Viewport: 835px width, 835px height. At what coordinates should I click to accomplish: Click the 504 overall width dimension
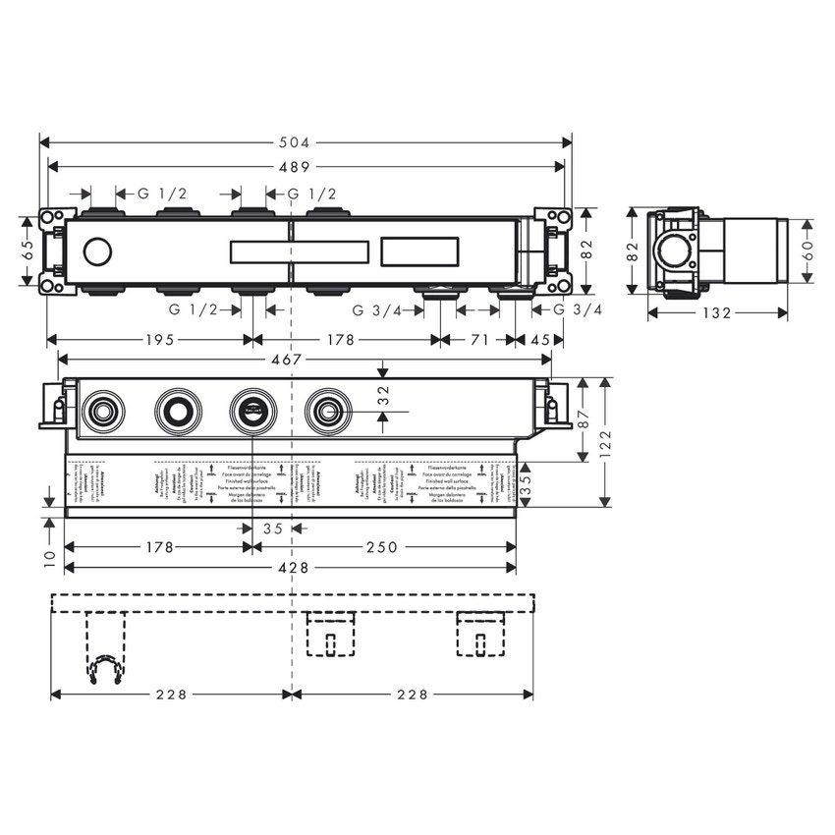tap(306, 141)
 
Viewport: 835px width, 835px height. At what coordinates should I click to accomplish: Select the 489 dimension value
tap(306, 166)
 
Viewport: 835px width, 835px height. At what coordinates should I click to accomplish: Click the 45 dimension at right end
tap(541, 340)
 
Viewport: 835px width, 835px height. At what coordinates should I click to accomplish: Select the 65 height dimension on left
tap(28, 250)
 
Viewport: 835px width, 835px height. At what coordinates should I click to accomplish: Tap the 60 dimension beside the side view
tap(807, 251)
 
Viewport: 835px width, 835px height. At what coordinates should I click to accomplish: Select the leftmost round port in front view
tap(101, 409)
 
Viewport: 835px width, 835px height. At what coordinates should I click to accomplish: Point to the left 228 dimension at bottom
tap(172, 694)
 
